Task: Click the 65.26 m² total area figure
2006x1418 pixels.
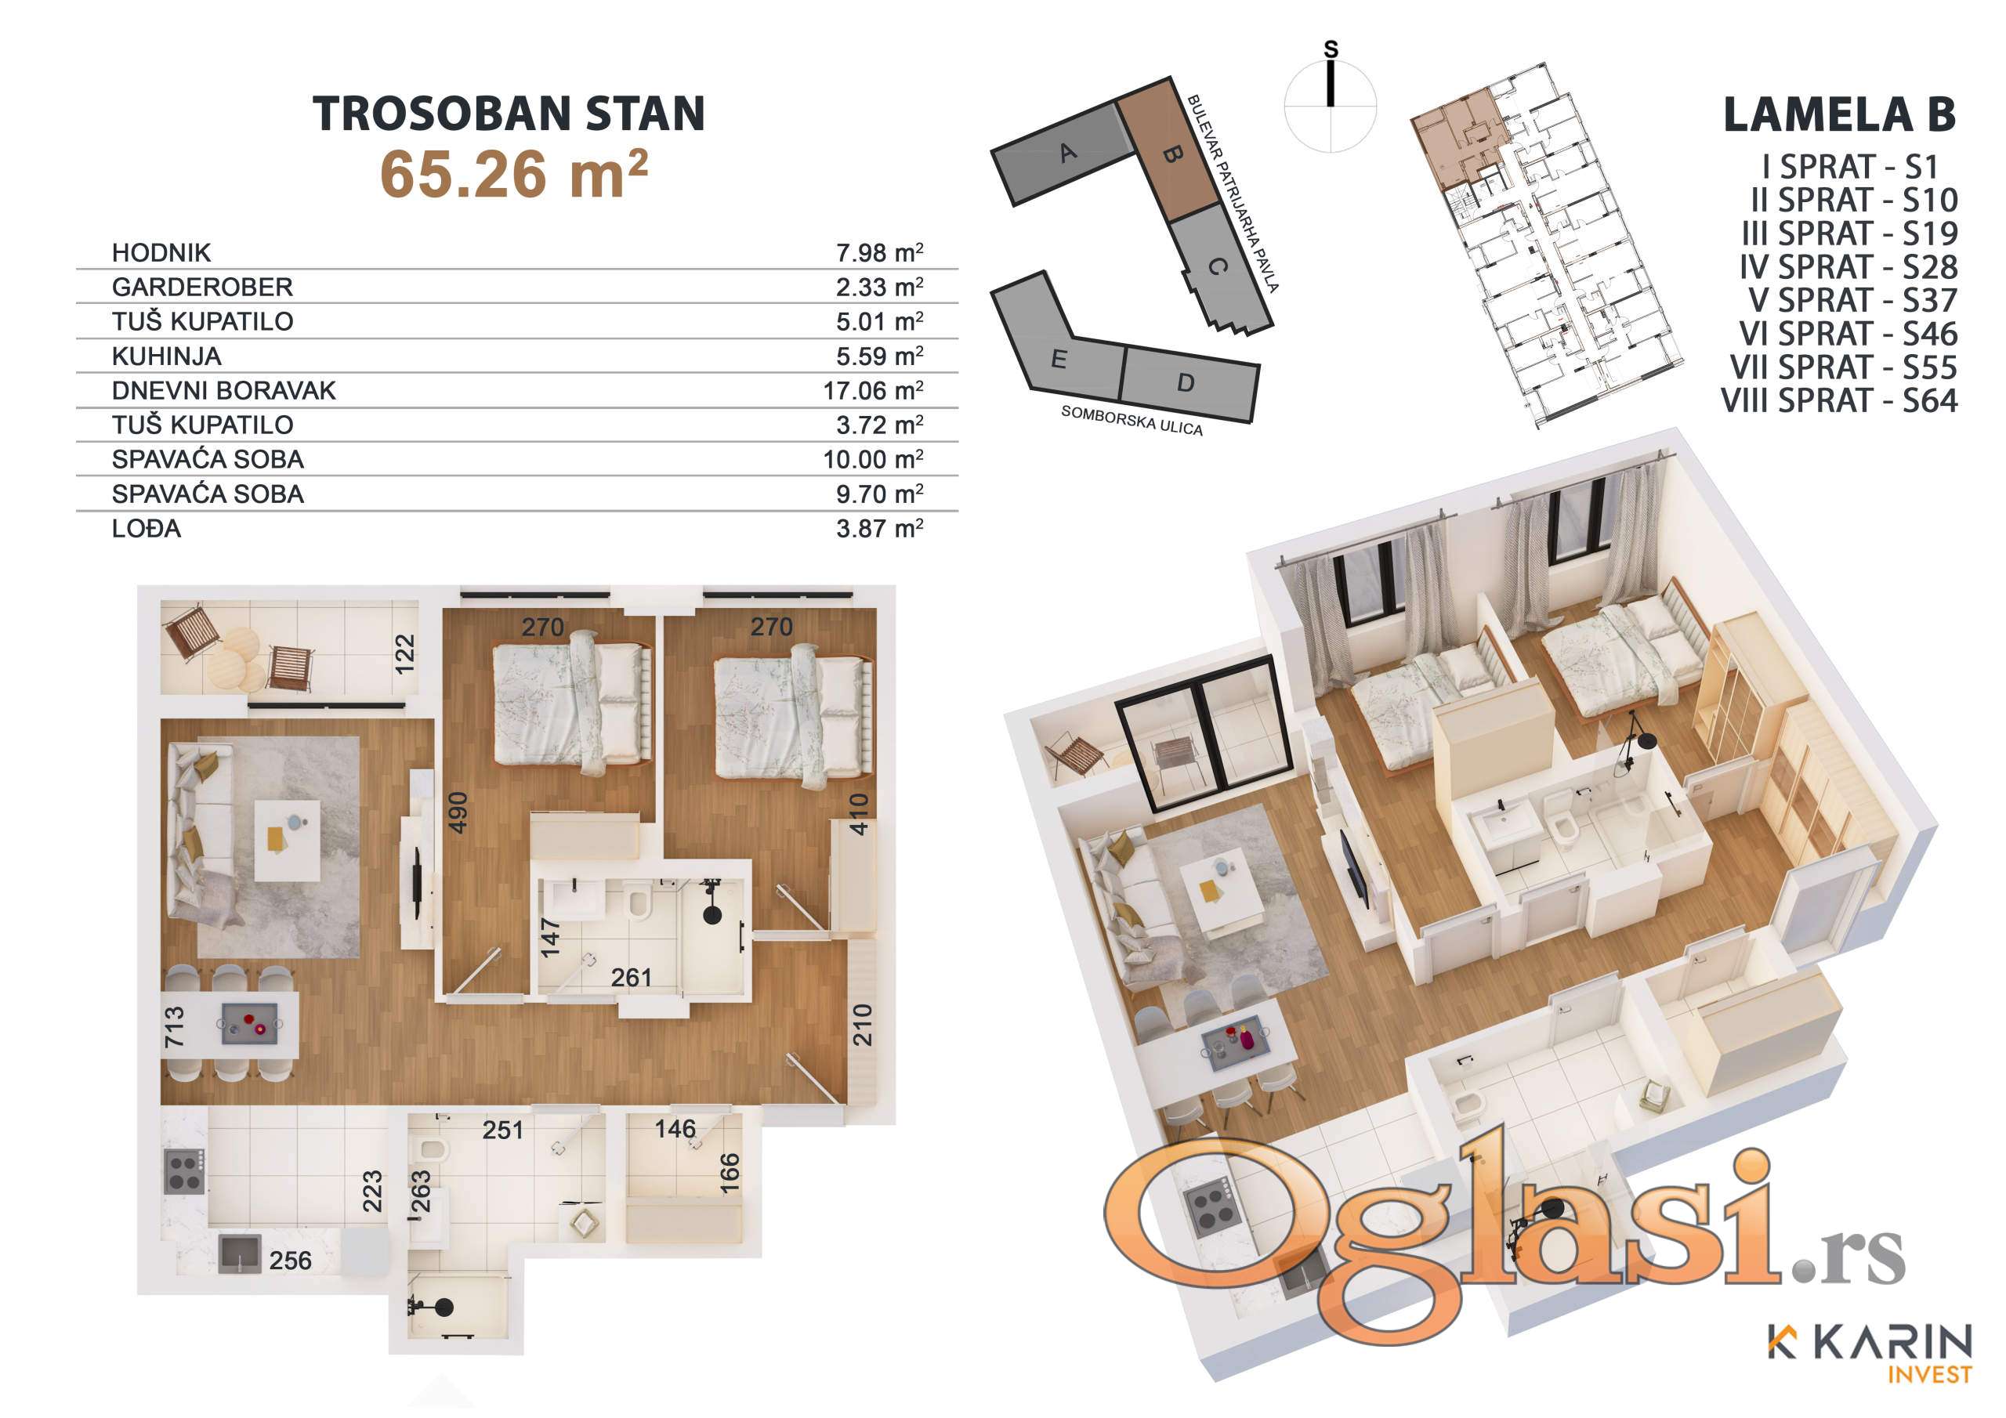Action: [514, 174]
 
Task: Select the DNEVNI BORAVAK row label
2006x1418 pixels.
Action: [223, 391]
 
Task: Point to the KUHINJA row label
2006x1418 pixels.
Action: [167, 356]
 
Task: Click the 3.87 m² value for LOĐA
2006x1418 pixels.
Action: [880, 528]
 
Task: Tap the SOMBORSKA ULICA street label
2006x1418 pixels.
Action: [1132, 420]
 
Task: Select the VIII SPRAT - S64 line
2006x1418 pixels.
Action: [1839, 401]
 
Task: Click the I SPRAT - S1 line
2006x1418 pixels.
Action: [1851, 166]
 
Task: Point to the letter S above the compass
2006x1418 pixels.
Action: [1331, 50]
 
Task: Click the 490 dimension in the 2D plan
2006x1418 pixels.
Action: [458, 812]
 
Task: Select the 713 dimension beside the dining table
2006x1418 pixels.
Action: [175, 1026]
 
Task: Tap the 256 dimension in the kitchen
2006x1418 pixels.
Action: [290, 1260]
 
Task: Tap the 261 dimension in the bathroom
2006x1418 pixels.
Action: [631, 978]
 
